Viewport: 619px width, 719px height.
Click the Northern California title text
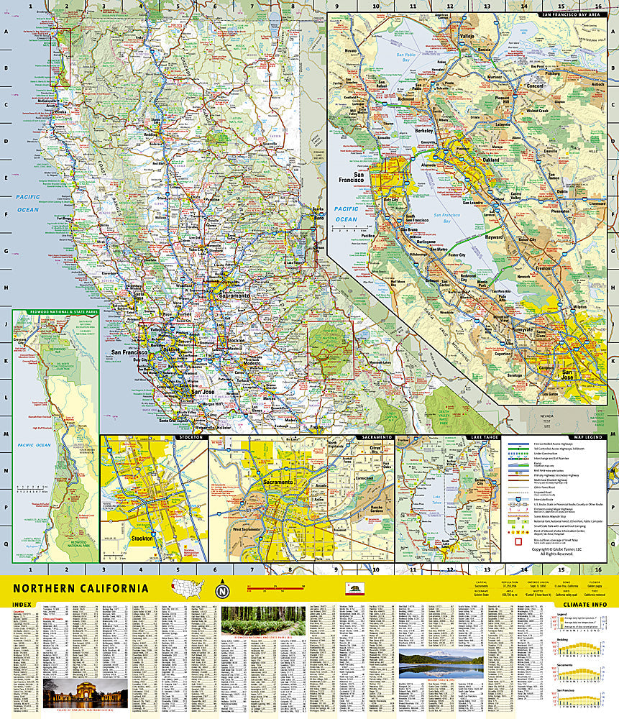click(81, 588)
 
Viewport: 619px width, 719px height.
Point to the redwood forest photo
click(262, 620)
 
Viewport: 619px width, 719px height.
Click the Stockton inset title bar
click(153, 437)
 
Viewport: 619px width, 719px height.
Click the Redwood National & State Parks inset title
click(55, 312)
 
